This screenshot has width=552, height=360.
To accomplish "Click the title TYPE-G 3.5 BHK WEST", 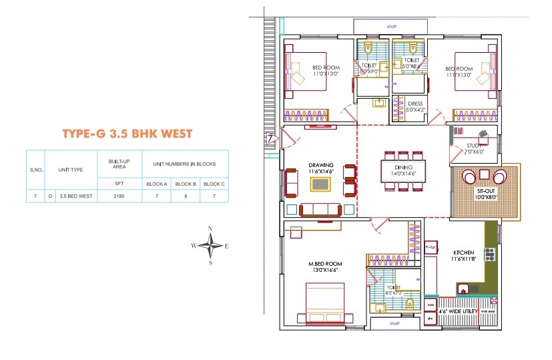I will (127, 134).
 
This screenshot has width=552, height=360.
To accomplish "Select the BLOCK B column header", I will (185, 184).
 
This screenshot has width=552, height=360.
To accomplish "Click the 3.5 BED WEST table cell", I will (77, 196).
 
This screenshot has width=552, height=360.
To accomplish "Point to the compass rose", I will (210, 246).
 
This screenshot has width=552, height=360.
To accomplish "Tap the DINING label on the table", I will (404, 167).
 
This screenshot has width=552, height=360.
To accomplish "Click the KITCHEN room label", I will (462, 252).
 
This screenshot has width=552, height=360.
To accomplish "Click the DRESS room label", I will (415, 104).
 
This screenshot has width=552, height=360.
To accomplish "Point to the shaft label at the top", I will (391, 27).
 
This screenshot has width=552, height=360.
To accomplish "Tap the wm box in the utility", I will (431, 305).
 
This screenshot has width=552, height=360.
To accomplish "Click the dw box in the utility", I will (431, 319).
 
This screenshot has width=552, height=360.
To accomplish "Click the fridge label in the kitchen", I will (431, 248).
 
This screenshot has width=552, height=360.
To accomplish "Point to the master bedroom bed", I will (325, 304).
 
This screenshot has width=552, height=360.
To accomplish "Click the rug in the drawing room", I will (320, 184).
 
